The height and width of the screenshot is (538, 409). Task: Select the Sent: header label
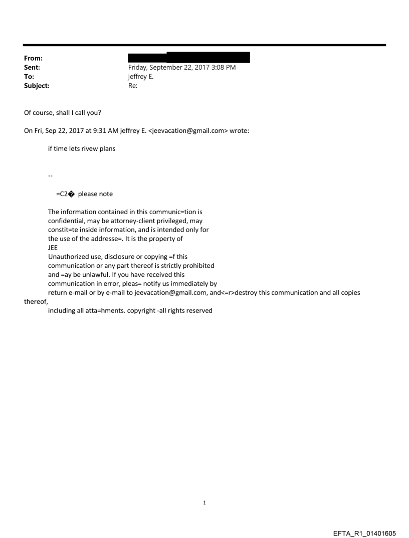[x=32, y=68]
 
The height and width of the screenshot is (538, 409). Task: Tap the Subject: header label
[x=36, y=86]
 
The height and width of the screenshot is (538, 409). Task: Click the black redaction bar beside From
[x=188, y=57]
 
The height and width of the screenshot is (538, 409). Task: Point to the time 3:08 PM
[x=222, y=68]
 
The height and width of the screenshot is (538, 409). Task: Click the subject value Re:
[x=133, y=86]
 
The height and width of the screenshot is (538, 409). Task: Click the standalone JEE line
[x=53, y=248]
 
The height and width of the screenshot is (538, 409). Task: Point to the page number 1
[x=204, y=502]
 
